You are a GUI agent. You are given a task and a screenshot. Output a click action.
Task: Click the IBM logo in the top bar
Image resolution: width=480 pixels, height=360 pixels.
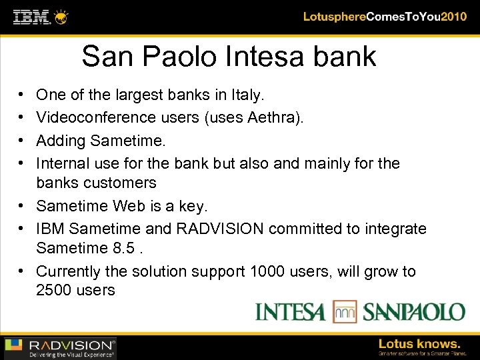coord(32,16)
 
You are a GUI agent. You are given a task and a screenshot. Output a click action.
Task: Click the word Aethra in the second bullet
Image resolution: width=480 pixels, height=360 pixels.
coord(271,118)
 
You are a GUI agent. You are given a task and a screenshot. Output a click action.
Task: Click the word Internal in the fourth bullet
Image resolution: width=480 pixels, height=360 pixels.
coord(63,163)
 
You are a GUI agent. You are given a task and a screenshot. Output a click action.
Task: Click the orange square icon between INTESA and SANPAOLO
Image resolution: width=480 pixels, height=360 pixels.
coord(345,311)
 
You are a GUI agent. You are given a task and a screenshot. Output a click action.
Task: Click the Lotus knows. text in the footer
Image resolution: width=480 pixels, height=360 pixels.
coord(419,344)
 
